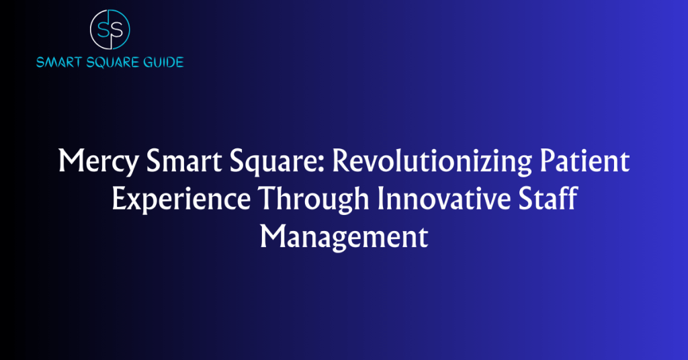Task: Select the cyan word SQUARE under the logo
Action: pos(112,62)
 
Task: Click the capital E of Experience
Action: pos(118,199)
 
